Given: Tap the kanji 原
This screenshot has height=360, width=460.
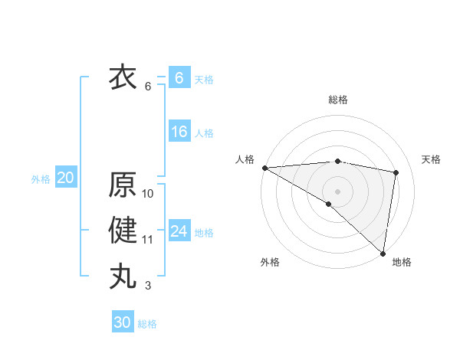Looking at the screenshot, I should pyautogui.click(x=123, y=185).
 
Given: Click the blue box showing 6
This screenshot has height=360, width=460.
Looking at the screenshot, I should pyautogui.click(x=179, y=78).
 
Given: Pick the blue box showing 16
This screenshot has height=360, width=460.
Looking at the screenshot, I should pyautogui.click(x=179, y=132).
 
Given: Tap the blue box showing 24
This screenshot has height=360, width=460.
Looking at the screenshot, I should pyautogui.click(x=179, y=231).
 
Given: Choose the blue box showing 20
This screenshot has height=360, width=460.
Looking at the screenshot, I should pyautogui.click(x=66, y=178).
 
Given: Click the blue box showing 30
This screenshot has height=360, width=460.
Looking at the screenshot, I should pyautogui.click(x=122, y=322).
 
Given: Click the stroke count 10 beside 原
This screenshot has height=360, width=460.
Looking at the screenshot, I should pyautogui.click(x=148, y=194).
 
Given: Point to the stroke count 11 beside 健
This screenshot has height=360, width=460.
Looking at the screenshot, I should pyautogui.click(x=148, y=240).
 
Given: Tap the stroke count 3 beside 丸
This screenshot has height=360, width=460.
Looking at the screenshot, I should pyautogui.click(x=148, y=286).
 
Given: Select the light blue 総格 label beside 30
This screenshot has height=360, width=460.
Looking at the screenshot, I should pyautogui.click(x=147, y=324).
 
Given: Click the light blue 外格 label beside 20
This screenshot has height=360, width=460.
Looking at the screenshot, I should pyautogui.click(x=41, y=179).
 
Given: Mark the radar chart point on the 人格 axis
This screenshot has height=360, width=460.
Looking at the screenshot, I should pyautogui.click(x=264, y=168).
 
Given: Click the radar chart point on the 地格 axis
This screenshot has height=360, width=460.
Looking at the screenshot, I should pyautogui.click(x=383, y=253).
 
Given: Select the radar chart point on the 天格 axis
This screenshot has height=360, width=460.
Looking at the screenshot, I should pyautogui.click(x=396, y=172).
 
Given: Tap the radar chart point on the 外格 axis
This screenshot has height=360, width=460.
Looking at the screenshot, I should pyautogui.click(x=329, y=204).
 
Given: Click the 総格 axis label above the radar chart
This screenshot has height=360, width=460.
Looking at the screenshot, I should pyautogui.click(x=338, y=100).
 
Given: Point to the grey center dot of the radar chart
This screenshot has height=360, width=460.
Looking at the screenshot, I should pyautogui.click(x=337, y=191).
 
